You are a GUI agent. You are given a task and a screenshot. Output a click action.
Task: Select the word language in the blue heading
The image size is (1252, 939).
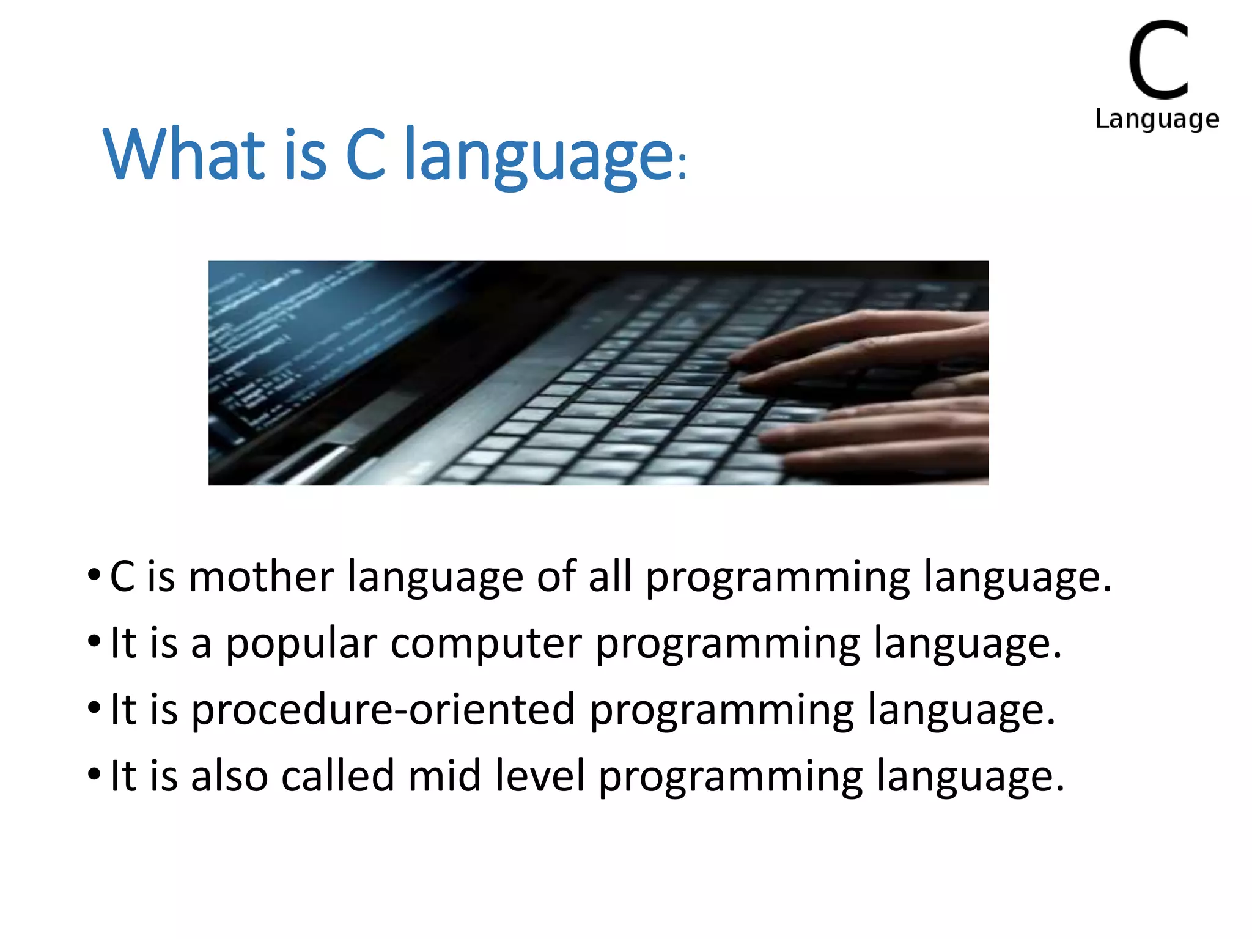(539, 158)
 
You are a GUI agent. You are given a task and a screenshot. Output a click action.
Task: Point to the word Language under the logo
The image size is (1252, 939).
(1157, 119)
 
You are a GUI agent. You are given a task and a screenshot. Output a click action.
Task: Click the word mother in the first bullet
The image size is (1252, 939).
(261, 577)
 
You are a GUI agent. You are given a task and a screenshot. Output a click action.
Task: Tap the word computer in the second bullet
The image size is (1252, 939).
(486, 644)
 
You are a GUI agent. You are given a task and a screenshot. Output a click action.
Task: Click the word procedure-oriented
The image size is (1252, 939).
(383, 710)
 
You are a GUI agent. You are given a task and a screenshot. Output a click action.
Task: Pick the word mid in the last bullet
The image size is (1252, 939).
(444, 776)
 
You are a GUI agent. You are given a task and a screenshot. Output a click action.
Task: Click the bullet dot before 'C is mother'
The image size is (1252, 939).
(94, 575)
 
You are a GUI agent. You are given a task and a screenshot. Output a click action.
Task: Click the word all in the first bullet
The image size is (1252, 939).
(609, 577)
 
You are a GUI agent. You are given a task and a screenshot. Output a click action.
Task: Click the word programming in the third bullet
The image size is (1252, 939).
(721, 711)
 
